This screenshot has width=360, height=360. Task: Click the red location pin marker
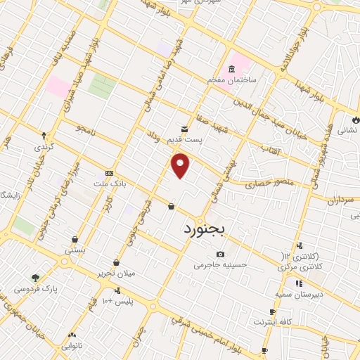coord(181,165)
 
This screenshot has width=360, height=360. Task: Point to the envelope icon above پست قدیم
coord(184,129)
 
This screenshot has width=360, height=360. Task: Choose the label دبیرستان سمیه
coord(299,295)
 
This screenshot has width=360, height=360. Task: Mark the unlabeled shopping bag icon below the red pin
coord(172,206)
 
